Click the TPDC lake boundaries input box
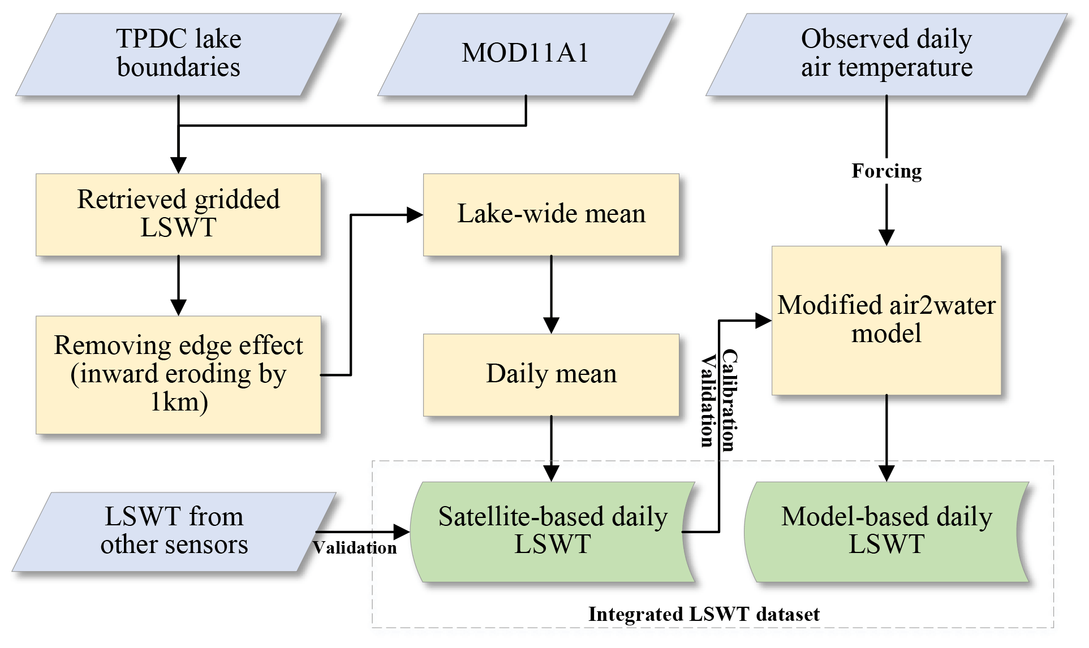click(178, 54)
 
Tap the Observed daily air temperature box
click(886, 54)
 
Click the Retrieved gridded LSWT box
click(178, 214)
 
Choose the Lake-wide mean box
click(551, 214)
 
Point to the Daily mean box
click(551, 374)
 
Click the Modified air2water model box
click(886, 320)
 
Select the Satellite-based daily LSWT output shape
click(552, 532)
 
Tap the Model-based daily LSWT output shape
click(886, 532)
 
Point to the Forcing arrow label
click(886, 171)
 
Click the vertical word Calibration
click(730, 400)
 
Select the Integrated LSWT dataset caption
click(704, 614)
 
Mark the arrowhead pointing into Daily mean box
click(551, 326)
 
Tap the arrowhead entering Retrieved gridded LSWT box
click(178, 166)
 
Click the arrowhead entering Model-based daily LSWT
click(886, 474)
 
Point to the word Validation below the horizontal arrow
click(355, 548)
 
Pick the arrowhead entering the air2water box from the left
click(764, 321)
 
